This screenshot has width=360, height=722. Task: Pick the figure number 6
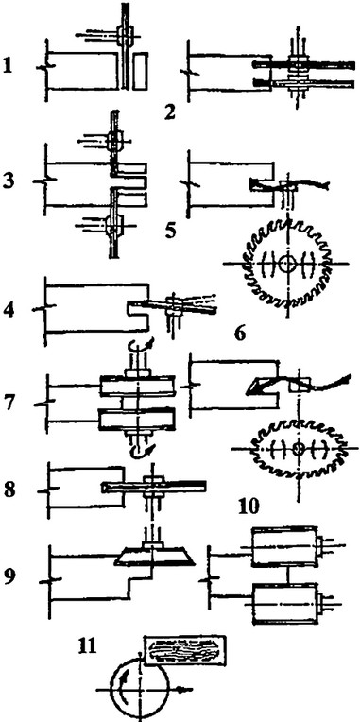tap(239, 333)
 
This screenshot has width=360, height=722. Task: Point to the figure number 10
tap(249, 506)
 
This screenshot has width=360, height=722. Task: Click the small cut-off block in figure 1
tap(141, 71)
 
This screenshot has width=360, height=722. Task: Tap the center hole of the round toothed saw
tap(287, 264)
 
